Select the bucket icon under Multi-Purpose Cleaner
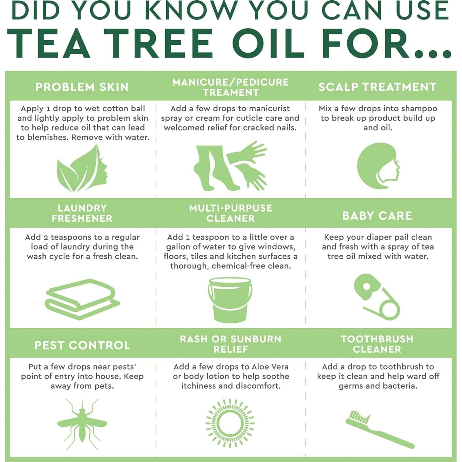pos(230,300)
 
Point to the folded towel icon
pos(82,299)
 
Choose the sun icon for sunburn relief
pos(230,424)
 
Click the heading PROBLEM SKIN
pos(82,87)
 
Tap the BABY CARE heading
pos(377,216)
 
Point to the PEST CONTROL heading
pos(82,345)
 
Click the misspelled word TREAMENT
pos(231,92)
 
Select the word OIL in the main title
pos(268,43)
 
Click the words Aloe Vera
pos(270,367)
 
